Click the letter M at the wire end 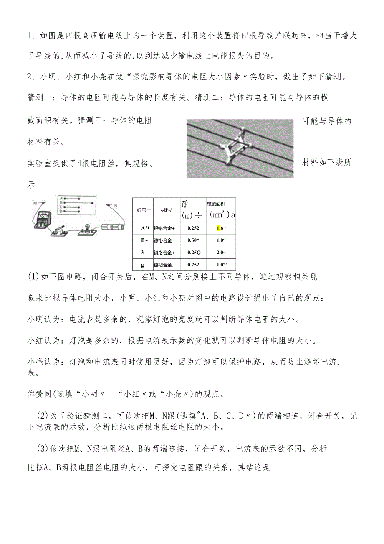(x=35, y=203)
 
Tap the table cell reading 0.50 (x=193, y=240)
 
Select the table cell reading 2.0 (x=221, y=253)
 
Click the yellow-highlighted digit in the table (x=219, y=228)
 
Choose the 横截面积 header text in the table (x=217, y=204)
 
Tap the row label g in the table (x=143, y=265)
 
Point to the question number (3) (x=43, y=449)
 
